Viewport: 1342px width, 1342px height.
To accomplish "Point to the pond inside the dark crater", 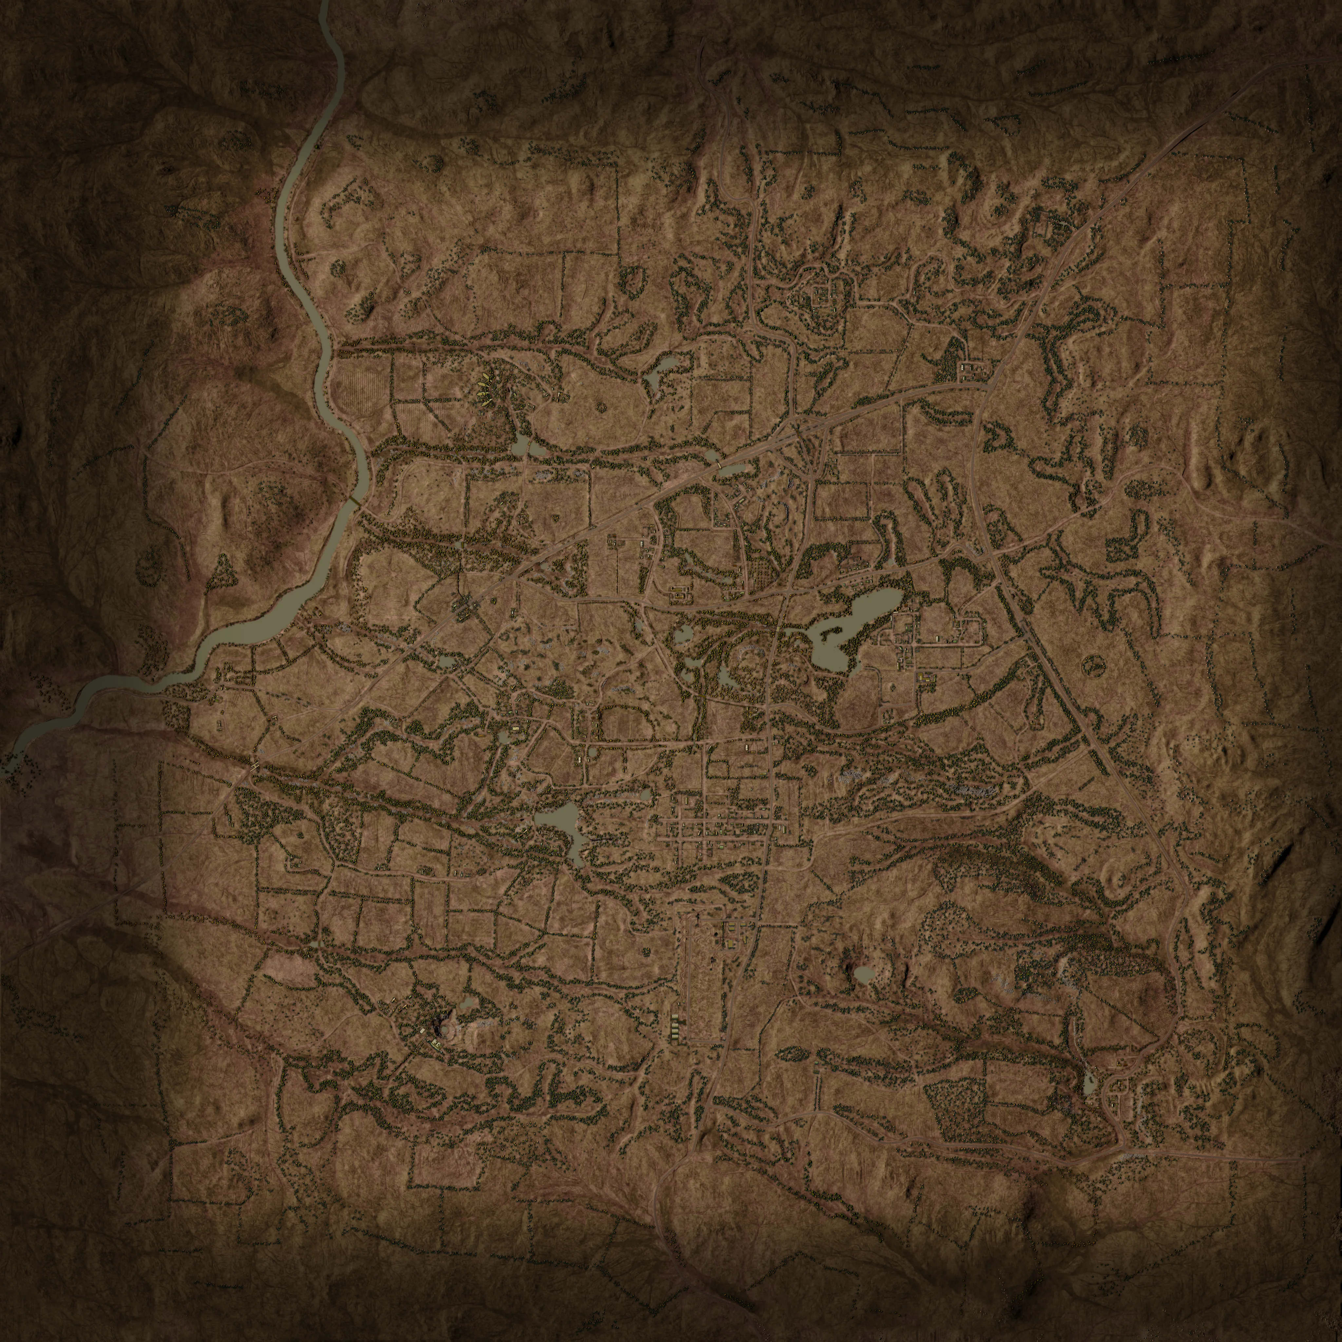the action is coord(863,974).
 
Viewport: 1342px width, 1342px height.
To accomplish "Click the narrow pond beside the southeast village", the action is coord(1088,1080).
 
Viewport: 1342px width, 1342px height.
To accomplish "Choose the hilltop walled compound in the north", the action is coord(825,295).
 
